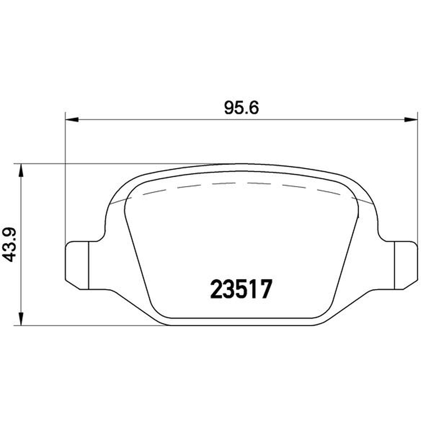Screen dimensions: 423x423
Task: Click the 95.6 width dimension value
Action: click(242, 108)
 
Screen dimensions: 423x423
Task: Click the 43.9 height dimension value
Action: click(10, 244)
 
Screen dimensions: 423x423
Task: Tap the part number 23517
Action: click(242, 289)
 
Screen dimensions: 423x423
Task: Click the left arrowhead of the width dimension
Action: click(72, 119)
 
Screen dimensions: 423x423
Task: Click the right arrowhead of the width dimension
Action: click(411, 119)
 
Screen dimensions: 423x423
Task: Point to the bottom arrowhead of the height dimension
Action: click(21, 319)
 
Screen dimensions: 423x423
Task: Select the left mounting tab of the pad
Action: click(77, 265)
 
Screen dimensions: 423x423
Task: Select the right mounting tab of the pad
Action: click(406, 265)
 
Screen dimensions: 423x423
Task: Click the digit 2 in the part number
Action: click(216, 289)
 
